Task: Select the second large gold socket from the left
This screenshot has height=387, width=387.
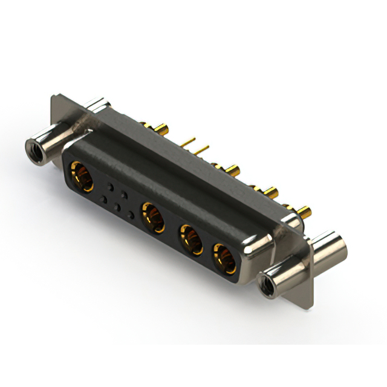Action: (152, 216)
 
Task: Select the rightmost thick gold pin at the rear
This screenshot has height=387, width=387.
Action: (306, 212)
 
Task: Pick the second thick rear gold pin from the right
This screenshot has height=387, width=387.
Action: (272, 192)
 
